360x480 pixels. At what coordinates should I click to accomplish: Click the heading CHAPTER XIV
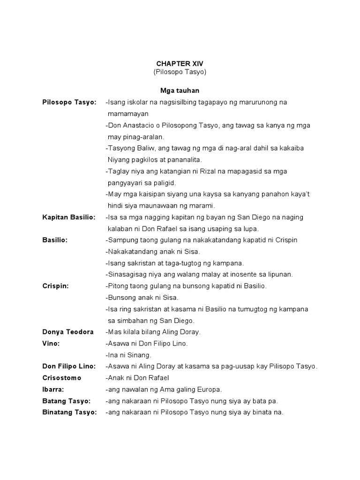coord(180,63)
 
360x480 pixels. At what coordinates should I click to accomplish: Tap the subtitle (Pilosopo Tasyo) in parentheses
coord(180,72)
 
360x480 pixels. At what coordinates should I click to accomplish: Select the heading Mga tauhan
coord(180,90)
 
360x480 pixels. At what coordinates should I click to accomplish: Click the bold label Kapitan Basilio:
coord(68,217)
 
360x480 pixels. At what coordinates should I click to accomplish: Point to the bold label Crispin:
coord(55,286)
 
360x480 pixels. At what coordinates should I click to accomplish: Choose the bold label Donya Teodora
coord(67,332)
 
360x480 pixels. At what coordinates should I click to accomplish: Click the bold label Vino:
coord(51,343)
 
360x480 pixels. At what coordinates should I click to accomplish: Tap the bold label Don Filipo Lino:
coord(69,366)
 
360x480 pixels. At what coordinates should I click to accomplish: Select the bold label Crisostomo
coord(61,378)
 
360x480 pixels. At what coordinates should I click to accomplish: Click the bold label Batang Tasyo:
coord(66,401)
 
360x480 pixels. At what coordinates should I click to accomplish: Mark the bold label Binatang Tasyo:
coord(69,412)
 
